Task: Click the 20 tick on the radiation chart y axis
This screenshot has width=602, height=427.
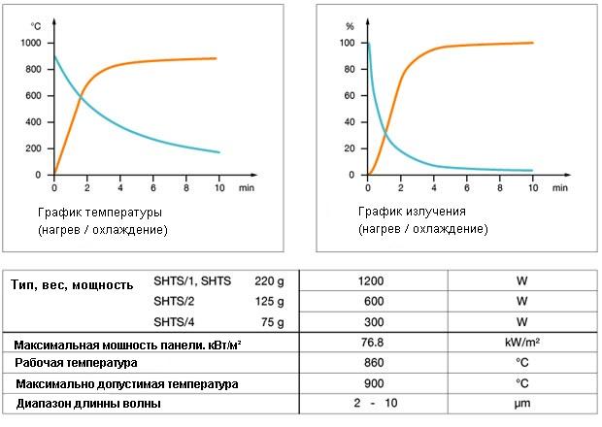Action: tap(346, 148)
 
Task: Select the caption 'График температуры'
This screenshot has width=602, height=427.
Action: tap(100, 211)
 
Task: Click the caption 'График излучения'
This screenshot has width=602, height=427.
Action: tap(412, 211)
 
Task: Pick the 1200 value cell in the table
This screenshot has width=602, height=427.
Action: tap(372, 280)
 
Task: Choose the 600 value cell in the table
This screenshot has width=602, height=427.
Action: tap(372, 301)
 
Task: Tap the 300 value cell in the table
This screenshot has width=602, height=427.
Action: tap(372, 321)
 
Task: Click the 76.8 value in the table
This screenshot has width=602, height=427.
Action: tap(372, 343)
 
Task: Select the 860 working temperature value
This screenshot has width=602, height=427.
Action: tap(372, 362)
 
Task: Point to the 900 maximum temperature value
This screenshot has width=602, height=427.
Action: tap(372, 382)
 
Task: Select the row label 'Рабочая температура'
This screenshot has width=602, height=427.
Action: tap(75, 363)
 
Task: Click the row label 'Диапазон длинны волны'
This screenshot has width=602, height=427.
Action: tap(86, 403)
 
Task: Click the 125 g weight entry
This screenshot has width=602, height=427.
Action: tap(267, 301)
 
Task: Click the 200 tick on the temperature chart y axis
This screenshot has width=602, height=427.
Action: tap(33, 148)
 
